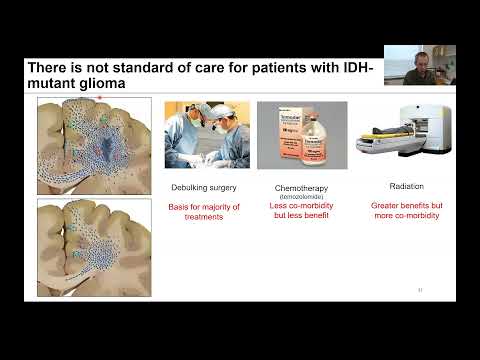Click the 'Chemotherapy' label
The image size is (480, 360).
click(x=302, y=187)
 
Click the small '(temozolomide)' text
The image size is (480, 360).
click(x=302, y=196)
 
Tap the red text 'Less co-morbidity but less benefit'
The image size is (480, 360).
click(x=302, y=212)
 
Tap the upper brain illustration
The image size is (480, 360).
click(x=86, y=146)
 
